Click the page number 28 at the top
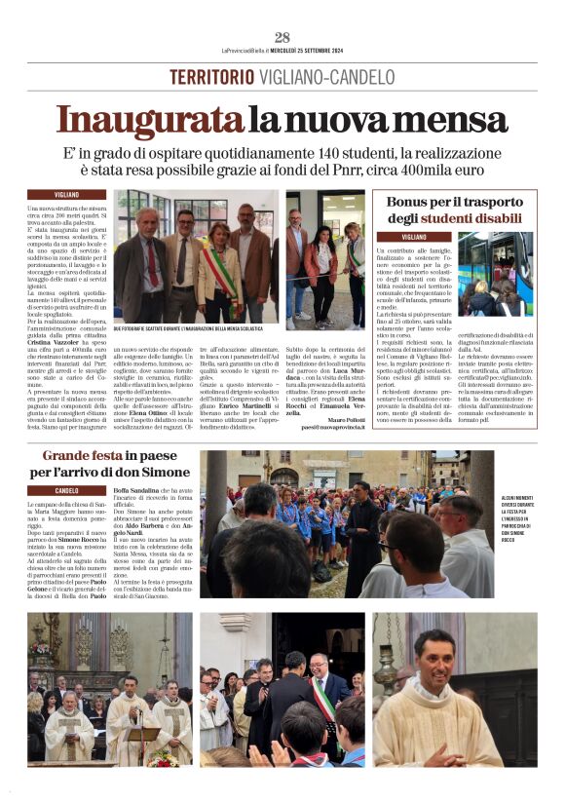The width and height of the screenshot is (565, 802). [282, 37]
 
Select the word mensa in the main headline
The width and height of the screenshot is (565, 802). [454, 121]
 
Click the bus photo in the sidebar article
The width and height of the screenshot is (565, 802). [494, 274]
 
